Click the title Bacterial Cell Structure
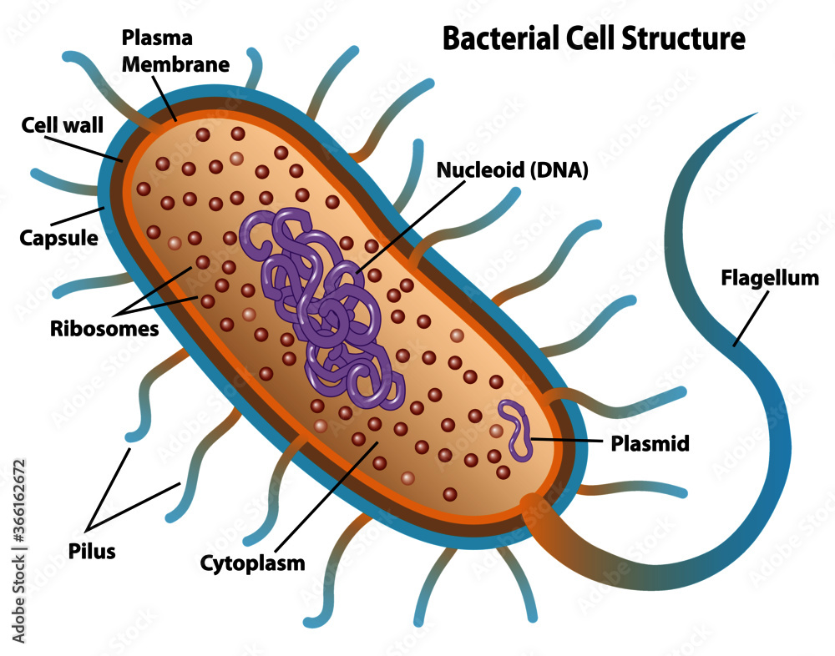tap(593, 38)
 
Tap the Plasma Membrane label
tap(175, 51)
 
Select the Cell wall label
tap(62, 126)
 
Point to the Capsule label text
tap(58, 238)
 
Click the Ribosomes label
tap(104, 328)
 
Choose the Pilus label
tap(92, 551)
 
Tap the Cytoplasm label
tap(252, 563)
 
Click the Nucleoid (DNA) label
tap(514, 171)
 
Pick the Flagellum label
tap(770, 278)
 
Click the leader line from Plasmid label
tap(559, 440)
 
